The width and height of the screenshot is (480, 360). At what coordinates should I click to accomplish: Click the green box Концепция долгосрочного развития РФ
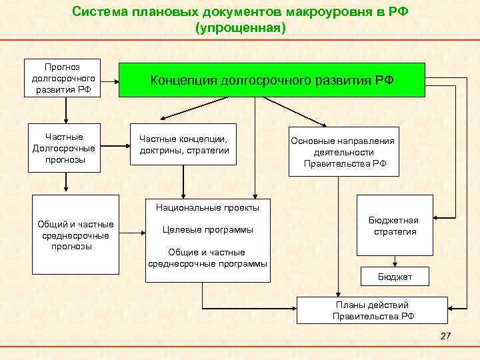pos(271,80)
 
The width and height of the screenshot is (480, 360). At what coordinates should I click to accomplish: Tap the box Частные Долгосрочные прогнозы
pos(63,147)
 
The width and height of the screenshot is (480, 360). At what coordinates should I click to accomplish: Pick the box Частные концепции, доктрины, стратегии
pos(183,145)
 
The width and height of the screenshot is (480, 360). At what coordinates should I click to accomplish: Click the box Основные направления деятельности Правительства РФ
pos(343,151)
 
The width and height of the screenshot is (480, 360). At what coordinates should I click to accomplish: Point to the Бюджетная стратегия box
pos(394,226)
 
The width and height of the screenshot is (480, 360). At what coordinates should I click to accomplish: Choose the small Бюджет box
pos(395,276)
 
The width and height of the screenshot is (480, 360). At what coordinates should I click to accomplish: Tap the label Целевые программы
pos(209,230)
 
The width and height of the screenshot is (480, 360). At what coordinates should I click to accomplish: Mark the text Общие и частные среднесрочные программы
pos(207,257)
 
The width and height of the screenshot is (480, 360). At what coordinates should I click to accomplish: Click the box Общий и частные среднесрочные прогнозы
pos(75,235)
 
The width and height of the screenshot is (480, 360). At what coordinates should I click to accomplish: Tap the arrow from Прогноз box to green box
pos(109,84)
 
